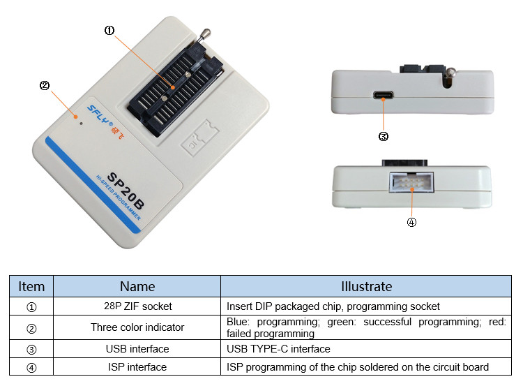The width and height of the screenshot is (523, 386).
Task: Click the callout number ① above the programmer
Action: (x=109, y=30)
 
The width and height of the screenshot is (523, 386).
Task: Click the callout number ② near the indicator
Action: (x=45, y=86)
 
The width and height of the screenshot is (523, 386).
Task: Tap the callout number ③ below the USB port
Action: (x=383, y=137)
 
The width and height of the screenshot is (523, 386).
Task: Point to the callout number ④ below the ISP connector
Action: (x=411, y=223)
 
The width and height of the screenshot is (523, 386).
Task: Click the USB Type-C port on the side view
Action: (x=382, y=96)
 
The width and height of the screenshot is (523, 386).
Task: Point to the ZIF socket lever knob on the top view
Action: (x=206, y=32)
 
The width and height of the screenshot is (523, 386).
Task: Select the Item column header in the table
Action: (x=31, y=286)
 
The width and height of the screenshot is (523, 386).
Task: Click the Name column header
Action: (x=137, y=286)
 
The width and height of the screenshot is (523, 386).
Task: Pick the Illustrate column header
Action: (x=366, y=286)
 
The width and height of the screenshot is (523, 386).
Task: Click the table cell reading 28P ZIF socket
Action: (x=137, y=306)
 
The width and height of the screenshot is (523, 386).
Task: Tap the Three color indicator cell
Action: (x=137, y=327)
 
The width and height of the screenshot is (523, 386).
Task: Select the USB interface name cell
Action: (x=137, y=348)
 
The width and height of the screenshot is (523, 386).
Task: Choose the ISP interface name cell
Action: (x=137, y=367)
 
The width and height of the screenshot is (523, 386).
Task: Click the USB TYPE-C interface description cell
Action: (x=278, y=348)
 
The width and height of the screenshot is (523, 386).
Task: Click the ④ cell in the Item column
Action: (x=31, y=367)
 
